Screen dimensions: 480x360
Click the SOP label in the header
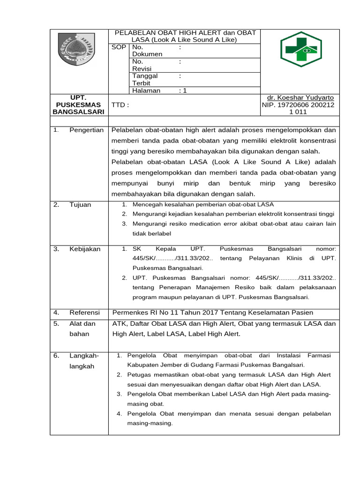tap(119, 47)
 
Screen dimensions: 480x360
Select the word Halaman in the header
tap(146, 90)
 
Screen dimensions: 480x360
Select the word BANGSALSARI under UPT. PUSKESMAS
tap(78, 112)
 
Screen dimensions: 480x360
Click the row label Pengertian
tap(86, 130)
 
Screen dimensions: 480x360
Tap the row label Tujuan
tap(81, 204)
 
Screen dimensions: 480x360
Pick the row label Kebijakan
tap(85, 249)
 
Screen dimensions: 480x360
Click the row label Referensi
tap(85, 312)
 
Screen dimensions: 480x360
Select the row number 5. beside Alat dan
tap(56, 323)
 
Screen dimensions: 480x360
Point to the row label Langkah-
tap(84, 355)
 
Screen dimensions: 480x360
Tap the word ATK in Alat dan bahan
tap(119, 323)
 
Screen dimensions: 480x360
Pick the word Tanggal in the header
tap(145, 76)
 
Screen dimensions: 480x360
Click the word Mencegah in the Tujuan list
tap(147, 204)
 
